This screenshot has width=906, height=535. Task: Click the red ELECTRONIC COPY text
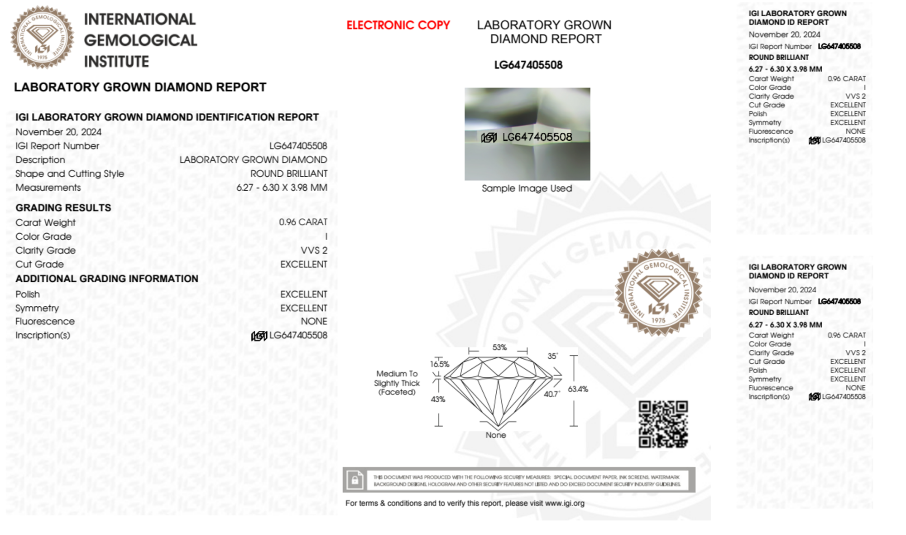(398, 25)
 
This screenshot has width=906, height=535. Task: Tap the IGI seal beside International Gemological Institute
(42, 37)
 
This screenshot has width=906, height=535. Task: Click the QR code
(663, 424)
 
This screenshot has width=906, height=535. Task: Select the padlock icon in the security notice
(355, 479)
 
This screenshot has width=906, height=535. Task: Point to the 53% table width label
(499, 347)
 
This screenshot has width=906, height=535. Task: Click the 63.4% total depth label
(578, 389)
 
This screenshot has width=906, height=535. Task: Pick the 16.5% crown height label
(439, 364)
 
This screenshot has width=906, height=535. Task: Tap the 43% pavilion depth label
(437, 399)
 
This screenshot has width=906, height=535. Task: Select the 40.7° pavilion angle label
(551, 394)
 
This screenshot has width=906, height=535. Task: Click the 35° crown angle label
(552, 356)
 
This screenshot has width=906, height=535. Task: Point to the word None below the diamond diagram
(496, 435)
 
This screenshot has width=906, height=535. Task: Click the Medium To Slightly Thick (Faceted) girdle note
(397, 383)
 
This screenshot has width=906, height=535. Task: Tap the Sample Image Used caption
(527, 188)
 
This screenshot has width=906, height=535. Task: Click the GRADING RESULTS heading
(63, 208)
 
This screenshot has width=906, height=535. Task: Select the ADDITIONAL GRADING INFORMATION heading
(107, 279)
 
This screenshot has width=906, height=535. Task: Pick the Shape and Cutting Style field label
(70, 174)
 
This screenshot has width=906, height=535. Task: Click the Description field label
(40, 160)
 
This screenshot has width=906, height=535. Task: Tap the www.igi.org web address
(565, 503)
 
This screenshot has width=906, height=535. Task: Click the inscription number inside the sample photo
(537, 137)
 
